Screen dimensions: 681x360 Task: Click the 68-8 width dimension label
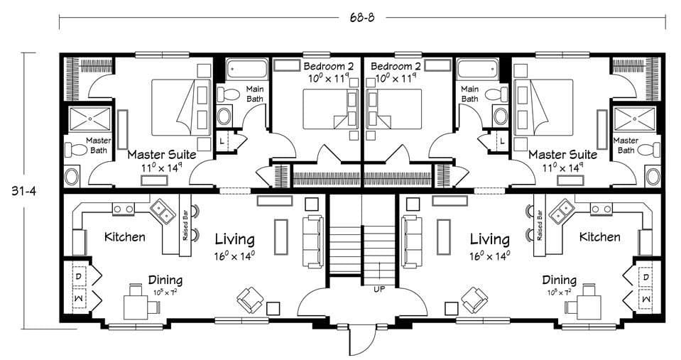(x=361, y=17)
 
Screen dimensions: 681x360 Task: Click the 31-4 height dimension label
(x=24, y=190)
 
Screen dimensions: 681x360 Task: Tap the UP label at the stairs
(x=379, y=289)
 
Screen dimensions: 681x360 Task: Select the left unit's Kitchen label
(x=125, y=237)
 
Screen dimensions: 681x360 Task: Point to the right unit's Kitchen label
(x=600, y=237)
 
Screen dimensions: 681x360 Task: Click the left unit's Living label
(x=234, y=239)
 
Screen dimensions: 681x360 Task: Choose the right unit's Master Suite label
(x=562, y=155)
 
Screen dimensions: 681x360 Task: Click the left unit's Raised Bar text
(x=185, y=225)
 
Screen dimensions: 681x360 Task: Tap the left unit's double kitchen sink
(x=163, y=211)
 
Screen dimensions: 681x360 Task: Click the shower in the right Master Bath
(x=633, y=119)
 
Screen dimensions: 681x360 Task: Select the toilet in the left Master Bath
(x=77, y=149)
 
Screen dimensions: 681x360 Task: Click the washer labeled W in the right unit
(x=645, y=299)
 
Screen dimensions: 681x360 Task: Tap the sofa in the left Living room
(x=313, y=241)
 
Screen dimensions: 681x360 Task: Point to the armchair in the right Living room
(x=474, y=299)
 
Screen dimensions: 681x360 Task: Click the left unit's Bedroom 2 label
(x=329, y=67)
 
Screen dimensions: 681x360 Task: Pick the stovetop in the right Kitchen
(x=600, y=209)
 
